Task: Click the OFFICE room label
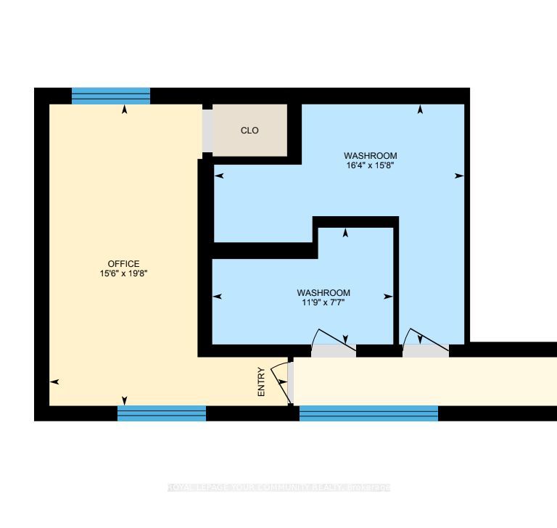[123, 263]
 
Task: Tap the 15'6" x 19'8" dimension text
[123, 273]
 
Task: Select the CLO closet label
[249, 131]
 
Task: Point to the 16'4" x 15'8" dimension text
[370, 165]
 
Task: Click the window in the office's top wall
[111, 96]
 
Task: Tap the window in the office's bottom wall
[162, 413]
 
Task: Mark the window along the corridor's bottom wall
[368, 413]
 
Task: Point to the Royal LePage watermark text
[278, 487]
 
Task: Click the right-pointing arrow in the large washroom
[458, 176]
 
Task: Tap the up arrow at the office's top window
[125, 110]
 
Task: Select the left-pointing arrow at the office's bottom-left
[54, 381]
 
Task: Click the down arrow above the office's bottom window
[125, 400]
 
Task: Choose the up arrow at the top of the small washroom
[345, 233]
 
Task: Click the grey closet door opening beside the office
[207, 131]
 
